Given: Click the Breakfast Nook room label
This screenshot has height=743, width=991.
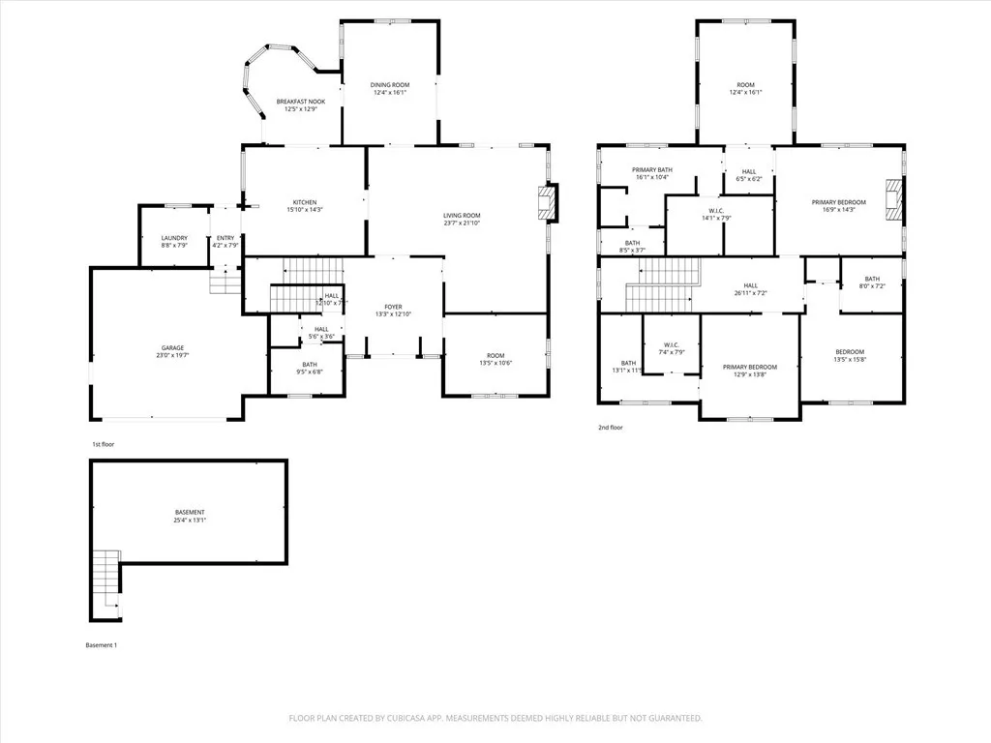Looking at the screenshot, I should pyautogui.click(x=300, y=102).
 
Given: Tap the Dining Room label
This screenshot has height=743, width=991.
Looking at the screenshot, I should pyautogui.click(x=390, y=85).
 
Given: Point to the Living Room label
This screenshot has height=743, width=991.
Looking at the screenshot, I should pyautogui.click(x=462, y=216).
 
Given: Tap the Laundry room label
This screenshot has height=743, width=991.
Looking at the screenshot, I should pyautogui.click(x=174, y=238).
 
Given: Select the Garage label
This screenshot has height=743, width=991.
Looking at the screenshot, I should pyautogui.click(x=173, y=347).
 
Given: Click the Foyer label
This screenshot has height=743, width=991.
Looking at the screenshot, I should pyautogui.click(x=393, y=306).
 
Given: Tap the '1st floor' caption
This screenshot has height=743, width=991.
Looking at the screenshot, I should pyautogui.click(x=104, y=444).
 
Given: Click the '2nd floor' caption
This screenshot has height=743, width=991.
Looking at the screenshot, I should pyautogui.click(x=611, y=427).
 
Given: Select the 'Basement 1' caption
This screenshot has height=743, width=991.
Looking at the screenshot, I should pyautogui.click(x=102, y=645).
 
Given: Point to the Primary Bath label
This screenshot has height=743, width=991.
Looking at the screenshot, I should pyautogui.click(x=653, y=170).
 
